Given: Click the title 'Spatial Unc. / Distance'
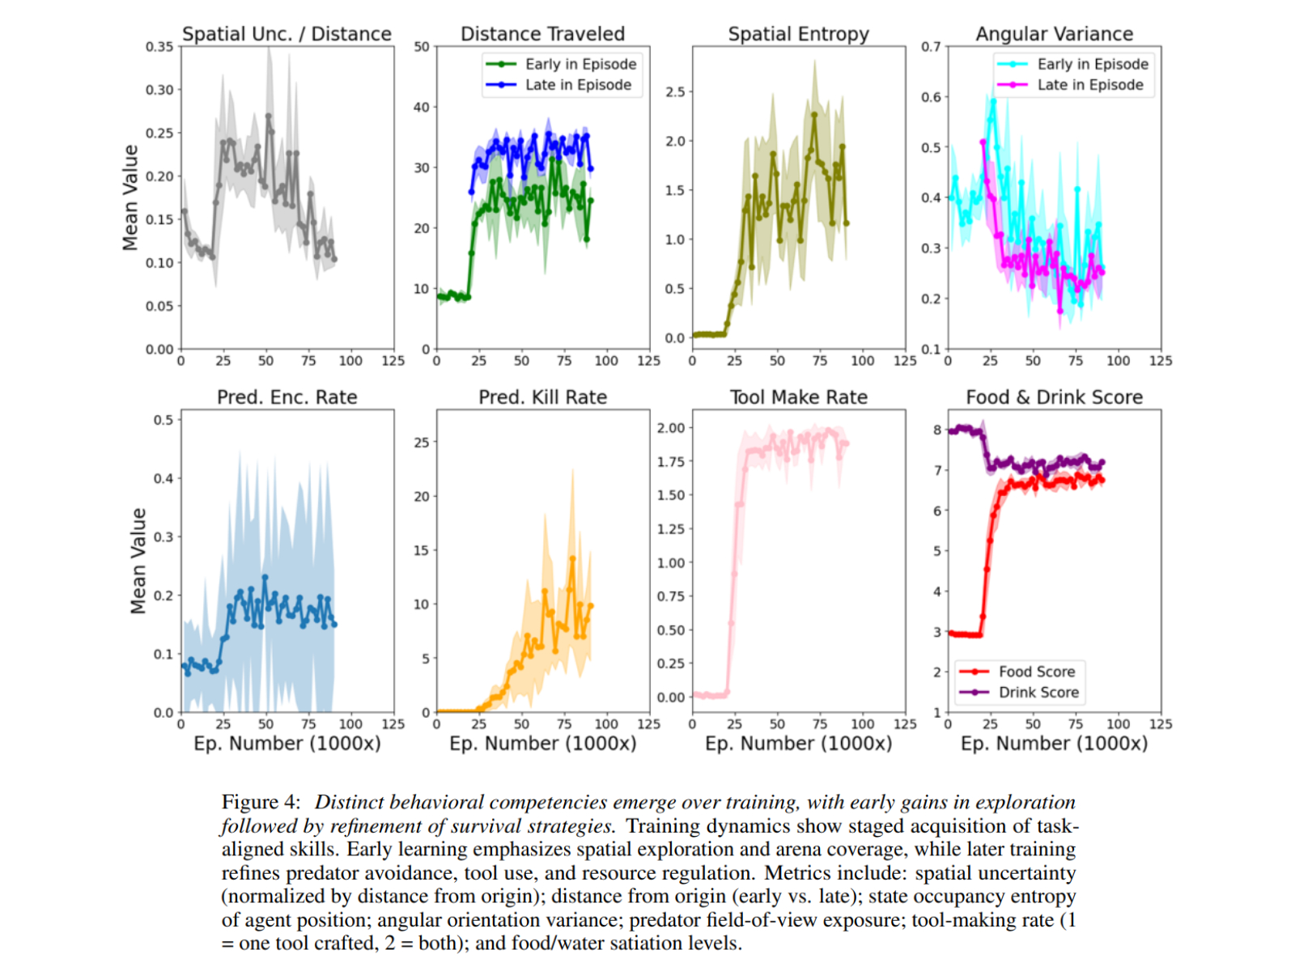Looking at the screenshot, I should pos(287,34).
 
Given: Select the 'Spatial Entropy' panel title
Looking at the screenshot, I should pos(798,34).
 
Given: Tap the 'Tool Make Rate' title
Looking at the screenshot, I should pos(798,397).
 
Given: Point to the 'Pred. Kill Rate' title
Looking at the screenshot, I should pos(542,397).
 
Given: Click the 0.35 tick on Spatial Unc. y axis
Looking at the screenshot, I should pos(159,47).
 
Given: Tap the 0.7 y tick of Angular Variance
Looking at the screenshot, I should pos(931,47).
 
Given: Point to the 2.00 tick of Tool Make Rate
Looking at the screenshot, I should pos(671,428).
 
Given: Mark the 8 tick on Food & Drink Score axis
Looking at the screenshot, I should pos(937,430).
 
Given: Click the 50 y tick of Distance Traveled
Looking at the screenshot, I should pos(422,47).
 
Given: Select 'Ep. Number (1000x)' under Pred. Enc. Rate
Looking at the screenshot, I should pos(287,744).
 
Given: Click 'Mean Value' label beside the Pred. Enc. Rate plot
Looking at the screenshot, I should pos(138,561).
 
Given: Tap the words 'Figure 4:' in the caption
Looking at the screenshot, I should pos(261,802).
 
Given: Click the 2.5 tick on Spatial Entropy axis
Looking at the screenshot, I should pos(675,92).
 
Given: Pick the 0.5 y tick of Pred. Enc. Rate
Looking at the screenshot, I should pos(163,420).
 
